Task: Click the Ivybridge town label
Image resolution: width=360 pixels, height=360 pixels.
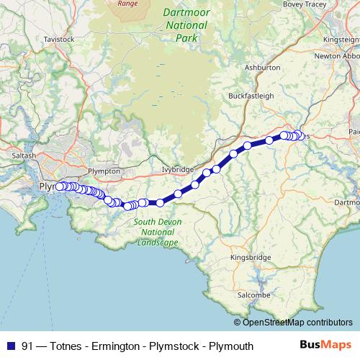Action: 179,169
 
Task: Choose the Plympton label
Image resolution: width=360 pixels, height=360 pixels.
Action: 102,171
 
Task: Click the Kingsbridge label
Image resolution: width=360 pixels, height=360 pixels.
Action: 250,257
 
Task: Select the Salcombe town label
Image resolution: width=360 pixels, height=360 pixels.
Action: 253,295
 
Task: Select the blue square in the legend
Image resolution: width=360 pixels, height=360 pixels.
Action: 10,346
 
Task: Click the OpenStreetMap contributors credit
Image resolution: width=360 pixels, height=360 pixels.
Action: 296,323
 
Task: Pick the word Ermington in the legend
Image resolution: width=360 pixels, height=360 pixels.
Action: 117,346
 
